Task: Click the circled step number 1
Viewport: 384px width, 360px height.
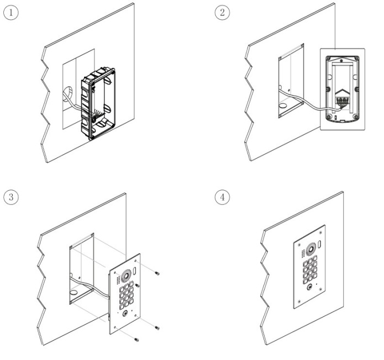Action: click(x=11, y=13)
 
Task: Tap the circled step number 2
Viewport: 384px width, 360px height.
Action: click(x=222, y=13)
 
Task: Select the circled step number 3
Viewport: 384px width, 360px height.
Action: click(x=11, y=197)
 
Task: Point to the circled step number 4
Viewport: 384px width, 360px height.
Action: click(x=222, y=197)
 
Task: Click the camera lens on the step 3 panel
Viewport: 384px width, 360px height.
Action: click(x=126, y=275)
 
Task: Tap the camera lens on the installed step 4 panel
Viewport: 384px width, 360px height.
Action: click(x=311, y=249)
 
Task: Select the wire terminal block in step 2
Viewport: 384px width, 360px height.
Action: click(x=342, y=100)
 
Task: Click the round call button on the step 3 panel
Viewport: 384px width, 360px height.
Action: click(x=125, y=314)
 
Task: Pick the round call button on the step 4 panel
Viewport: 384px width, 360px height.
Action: click(x=310, y=287)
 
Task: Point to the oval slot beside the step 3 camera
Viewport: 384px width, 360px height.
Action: click(x=134, y=270)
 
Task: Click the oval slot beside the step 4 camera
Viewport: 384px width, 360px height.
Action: click(x=319, y=244)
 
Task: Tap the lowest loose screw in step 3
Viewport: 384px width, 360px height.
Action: click(x=136, y=340)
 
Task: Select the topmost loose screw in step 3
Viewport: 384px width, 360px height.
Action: click(x=157, y=273)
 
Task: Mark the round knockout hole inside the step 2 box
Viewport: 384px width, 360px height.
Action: click(x=283, y=106)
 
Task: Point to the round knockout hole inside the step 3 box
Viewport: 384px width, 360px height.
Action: click(x=73, y=293)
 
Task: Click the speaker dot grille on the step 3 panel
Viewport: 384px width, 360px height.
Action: click(x=118, y=280)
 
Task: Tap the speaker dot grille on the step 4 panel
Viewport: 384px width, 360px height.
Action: click(x=303, y=254)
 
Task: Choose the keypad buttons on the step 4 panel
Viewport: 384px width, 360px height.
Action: click(x=310, y=270)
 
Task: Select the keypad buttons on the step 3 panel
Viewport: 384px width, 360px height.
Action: click(x=127, y=296)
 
